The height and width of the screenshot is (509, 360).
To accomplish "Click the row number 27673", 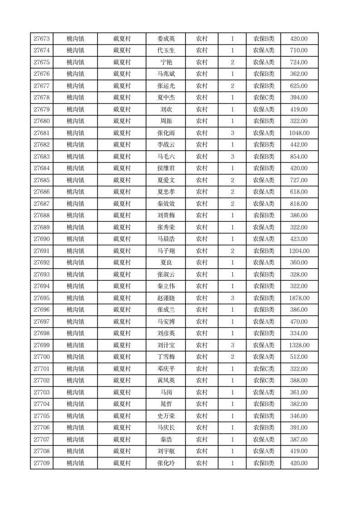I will click(42, 39).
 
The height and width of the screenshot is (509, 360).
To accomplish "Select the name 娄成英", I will click(166, 39).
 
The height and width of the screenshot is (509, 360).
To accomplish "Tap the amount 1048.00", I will click(299, 133).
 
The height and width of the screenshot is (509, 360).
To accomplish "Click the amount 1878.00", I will click(299, 298).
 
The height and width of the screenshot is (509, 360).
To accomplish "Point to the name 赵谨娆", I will click(166, 298).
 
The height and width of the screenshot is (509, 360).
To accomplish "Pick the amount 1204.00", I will click(299, 251).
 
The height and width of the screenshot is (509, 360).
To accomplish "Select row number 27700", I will click(42, 357).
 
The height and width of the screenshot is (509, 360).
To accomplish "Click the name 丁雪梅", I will click(166, 357).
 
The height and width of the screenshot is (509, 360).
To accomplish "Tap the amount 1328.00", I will click(299, 345).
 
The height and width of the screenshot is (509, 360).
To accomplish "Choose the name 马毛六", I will click(166, 157).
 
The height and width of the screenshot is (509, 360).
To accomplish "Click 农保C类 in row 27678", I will click(263, 98).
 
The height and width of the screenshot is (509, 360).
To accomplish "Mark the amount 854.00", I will click(299, 157).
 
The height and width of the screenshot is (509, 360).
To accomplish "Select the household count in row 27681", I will click(233, 133).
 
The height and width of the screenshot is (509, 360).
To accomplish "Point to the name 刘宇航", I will click(166, 451).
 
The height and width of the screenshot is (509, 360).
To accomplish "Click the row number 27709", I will click(42, 463).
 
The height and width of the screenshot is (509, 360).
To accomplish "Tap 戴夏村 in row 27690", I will click(122, 239).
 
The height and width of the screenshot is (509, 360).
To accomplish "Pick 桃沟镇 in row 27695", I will click(75, 298).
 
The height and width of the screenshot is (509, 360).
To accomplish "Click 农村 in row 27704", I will click(202, 404).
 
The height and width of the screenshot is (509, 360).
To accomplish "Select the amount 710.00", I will click(299, 50).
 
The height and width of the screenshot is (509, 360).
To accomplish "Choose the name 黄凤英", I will click(166, 381).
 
